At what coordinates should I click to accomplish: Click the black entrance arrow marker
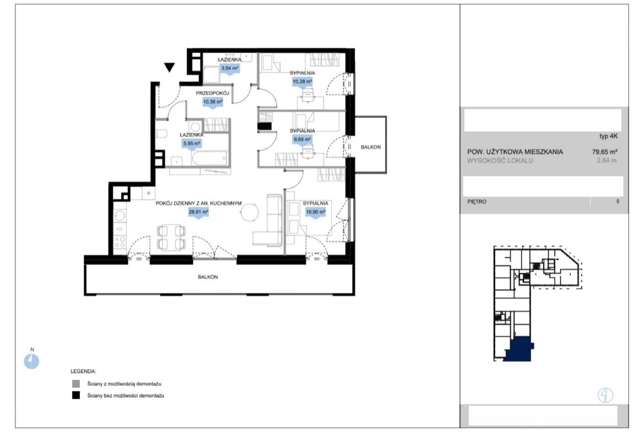coord(169,67)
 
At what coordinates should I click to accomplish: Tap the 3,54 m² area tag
coord(230,69)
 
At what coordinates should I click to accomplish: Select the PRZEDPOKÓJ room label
coord(212,93)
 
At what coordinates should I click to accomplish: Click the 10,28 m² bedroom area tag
coord(302,81)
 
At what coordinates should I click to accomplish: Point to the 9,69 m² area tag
coord(302,140)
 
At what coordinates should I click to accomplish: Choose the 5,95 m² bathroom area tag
coord(192,144)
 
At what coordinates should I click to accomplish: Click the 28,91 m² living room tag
coord(198,212)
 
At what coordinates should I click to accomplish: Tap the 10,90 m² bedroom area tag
coord(315,212)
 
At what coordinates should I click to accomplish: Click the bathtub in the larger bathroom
coord(210,158)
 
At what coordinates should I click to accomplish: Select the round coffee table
coord(250,213)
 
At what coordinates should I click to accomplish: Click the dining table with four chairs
coord(171,237)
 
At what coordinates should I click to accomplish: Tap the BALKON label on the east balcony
coord(370,147)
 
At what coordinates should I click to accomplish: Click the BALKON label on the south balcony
coord(208,277)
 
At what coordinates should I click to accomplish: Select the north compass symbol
coord(31,362)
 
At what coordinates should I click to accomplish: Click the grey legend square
coord(76,384)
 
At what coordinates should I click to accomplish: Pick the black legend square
coord(76,396)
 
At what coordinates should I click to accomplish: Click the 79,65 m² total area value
coord(604,151)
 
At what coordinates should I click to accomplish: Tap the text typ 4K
coord(608,136)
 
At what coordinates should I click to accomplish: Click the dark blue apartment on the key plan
coord(519,349)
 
